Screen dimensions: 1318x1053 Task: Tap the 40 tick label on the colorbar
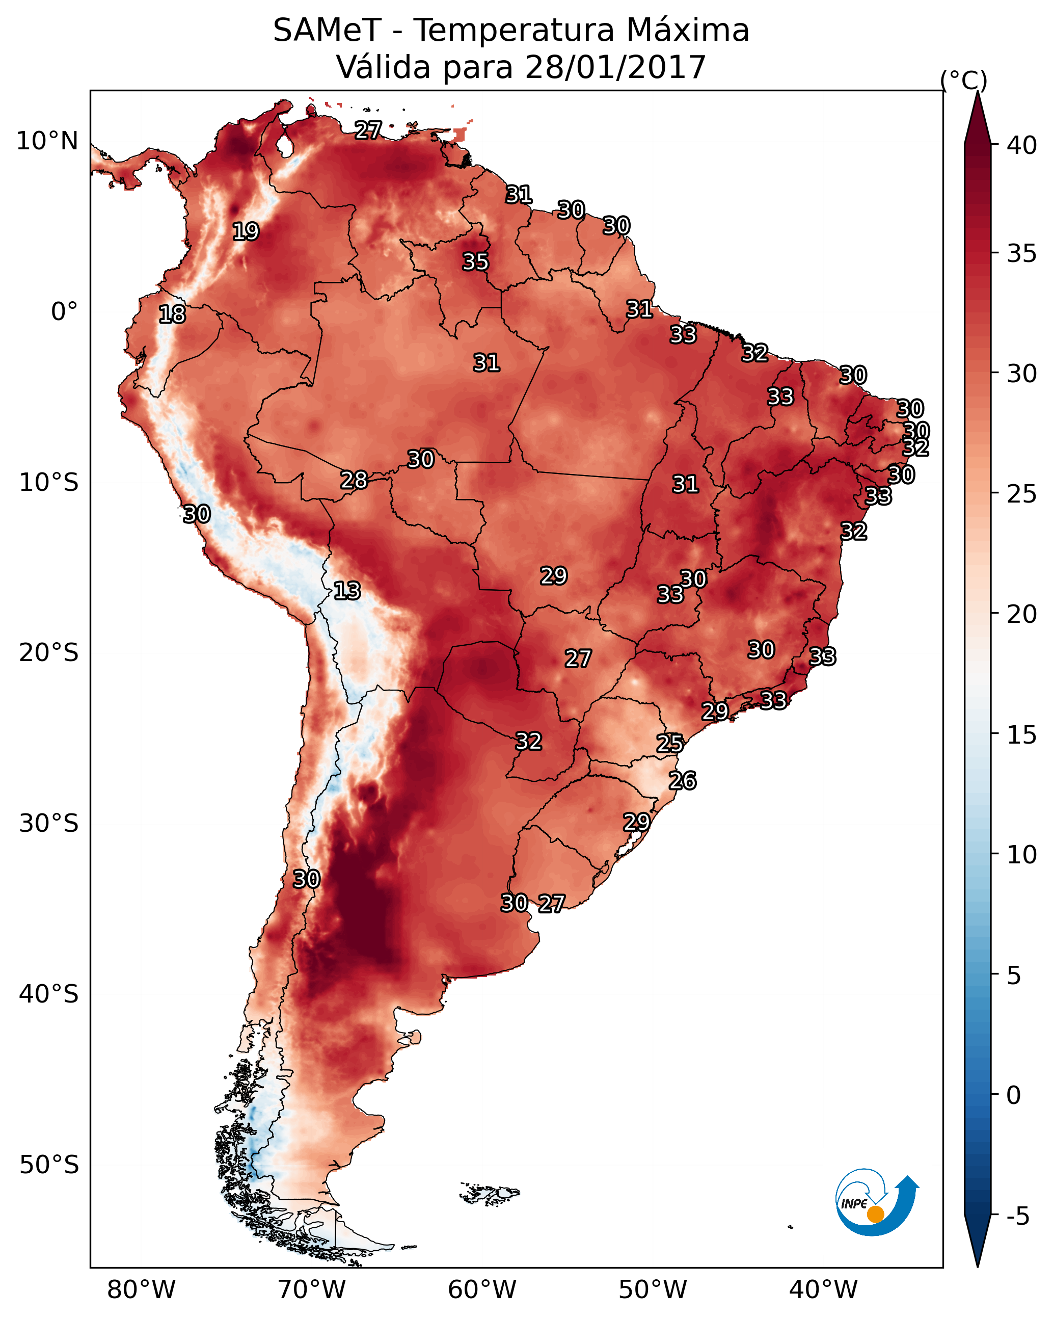pyautogui.click(x=1022, y=145)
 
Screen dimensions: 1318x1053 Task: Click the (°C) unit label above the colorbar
pyautogui.click(x=963, y=80)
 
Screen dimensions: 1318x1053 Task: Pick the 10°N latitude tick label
pyautogui.click(x=47, y=141)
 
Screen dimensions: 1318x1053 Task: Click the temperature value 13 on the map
pyautogui.click(x=347, y=591)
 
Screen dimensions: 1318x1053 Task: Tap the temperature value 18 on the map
pyautogui.click(x=172, y=314)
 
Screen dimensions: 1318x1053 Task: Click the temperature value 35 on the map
pyautogui.click(x=475, y=261)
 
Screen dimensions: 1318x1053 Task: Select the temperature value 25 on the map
pyautogui.click(x=669, y=744)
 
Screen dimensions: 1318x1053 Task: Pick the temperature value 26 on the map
pyautogui.click(x=682, y=781)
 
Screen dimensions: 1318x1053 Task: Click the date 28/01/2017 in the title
pyautogui.click(x=615, y=67)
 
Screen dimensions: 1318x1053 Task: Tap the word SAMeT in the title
pyautogui.click(x=327, y=31)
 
